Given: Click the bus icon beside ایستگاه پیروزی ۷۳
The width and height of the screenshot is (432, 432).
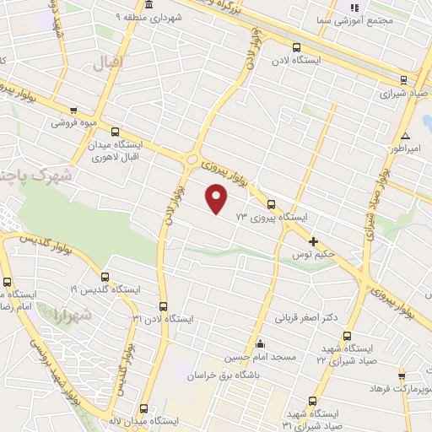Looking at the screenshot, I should coord(271,204).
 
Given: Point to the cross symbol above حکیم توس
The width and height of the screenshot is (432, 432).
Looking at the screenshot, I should coord(314,240).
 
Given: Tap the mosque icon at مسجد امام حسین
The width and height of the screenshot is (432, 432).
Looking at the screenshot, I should coord(259,344).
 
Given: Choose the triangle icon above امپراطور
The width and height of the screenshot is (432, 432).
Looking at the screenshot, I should coord(406,136).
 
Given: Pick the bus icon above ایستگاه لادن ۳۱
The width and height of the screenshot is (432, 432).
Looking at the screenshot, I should coord(163,307).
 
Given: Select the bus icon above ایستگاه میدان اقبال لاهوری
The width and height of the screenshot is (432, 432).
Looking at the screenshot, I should coord(116,132).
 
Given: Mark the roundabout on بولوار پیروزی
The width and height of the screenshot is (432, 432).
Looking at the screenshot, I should coord(193,159).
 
